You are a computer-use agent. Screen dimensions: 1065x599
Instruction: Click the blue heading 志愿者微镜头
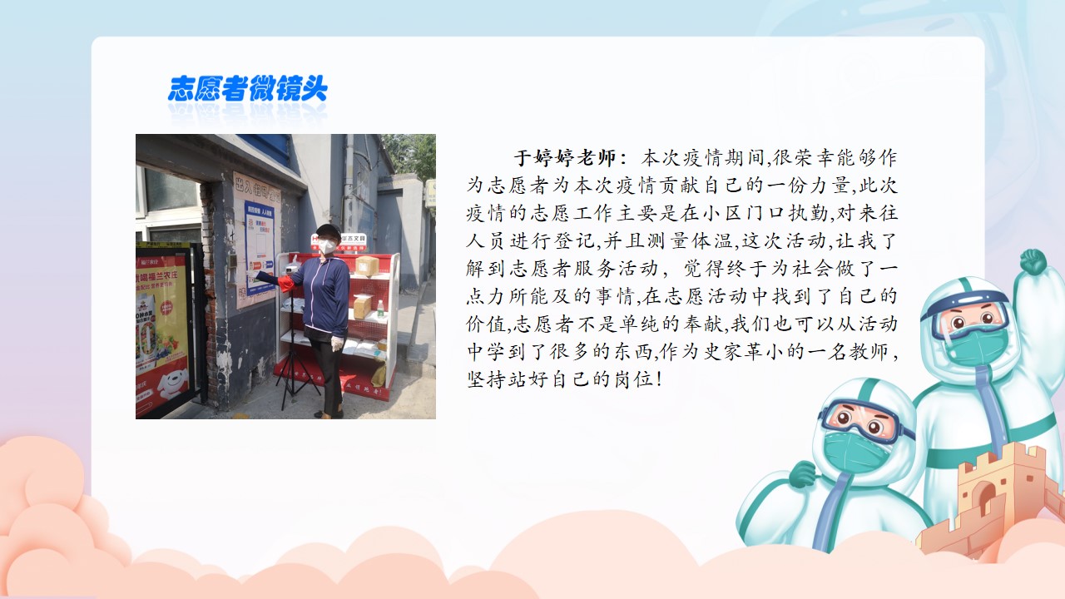[x=248, y=88]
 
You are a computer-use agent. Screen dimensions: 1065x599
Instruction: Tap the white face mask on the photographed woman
[x=327, y=246]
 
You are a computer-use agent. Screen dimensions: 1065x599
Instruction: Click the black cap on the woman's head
[x=329, y=231]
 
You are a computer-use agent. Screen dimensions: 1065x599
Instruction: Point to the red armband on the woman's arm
[x=286, y=283]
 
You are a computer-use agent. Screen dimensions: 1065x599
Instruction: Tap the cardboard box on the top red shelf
[x=366, y=266]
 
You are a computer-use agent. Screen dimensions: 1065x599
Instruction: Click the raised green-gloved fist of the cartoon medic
[x=1033, y=261]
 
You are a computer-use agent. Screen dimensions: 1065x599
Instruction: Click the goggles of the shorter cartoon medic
[x=861, y=419]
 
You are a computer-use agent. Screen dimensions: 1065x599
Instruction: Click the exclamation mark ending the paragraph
[x=658, y=379]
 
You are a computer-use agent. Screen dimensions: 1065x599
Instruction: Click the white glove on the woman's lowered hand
[x=337, y=344]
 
